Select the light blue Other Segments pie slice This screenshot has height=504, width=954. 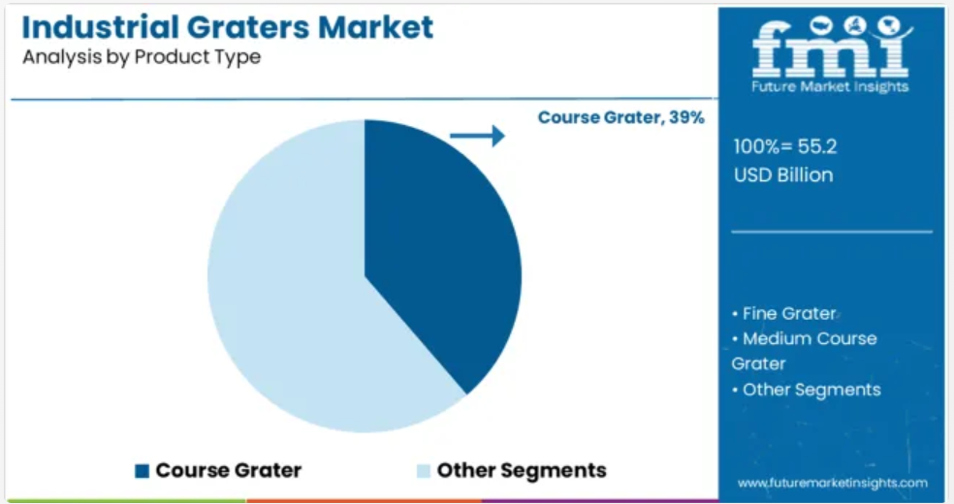point(286,286)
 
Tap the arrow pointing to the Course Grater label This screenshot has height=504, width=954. point(478,136)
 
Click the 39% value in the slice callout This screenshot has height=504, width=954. point(687,117)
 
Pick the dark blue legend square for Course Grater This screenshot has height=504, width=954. point(142,471)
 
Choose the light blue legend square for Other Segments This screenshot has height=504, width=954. point(424,471)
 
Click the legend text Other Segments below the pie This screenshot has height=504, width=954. point(522,471)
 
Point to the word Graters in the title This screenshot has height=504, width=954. point(248,27)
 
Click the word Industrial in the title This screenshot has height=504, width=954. point(101,27)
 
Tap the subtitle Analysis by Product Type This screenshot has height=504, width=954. point(142,57)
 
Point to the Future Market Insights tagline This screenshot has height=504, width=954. point(830,86)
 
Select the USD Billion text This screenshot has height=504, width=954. point(783,175)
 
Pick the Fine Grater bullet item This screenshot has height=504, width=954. point(784,314)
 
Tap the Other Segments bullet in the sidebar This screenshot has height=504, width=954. point(807,390)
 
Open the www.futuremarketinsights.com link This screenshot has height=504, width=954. point(832,484)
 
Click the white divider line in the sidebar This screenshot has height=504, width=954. point(832,232)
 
